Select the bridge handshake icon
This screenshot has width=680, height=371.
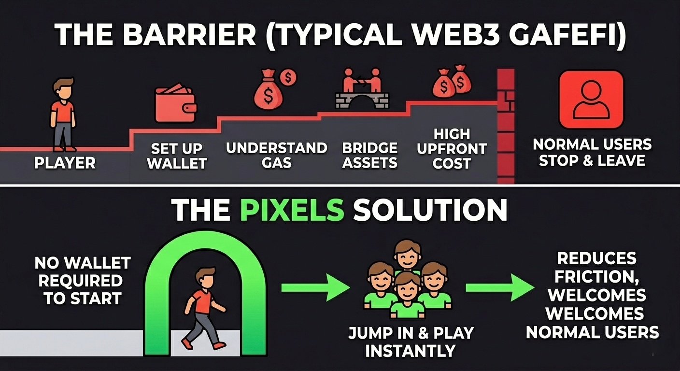[362, 87]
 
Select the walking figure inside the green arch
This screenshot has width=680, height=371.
[203, 307]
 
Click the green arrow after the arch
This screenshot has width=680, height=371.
[315, 288]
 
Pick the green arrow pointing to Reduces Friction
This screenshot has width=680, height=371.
[499, 288]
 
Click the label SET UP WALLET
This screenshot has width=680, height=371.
[177, 156]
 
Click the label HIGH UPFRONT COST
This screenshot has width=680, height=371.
[452, 148]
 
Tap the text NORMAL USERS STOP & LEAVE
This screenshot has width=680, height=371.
[592, 152]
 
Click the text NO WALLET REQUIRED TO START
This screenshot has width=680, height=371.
[82, 281]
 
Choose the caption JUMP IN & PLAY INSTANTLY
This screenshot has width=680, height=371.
[411, 342]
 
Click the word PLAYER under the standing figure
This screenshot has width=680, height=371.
[65, 163]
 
